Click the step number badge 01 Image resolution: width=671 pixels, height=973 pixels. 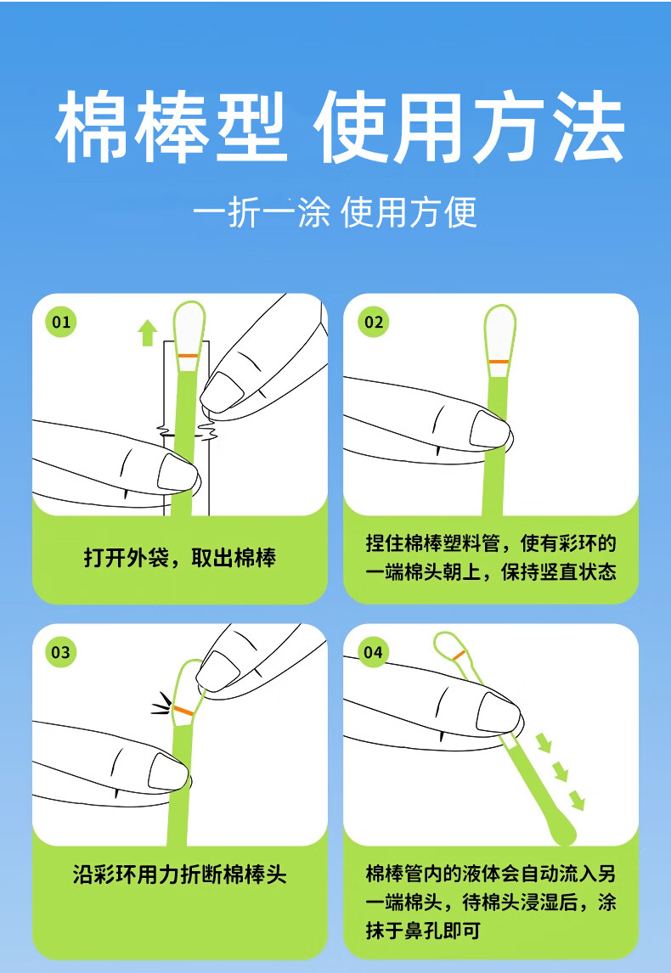(x=61, y=322)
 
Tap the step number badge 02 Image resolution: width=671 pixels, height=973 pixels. (x=374, y=322)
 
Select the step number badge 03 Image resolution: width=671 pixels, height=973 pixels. (x=61, y=652)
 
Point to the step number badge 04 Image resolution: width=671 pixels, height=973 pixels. (x=373, y=652)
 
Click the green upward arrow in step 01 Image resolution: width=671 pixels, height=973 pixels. (x=147, y=333)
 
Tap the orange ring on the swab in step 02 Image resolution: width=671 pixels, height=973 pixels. (x=499, y=361)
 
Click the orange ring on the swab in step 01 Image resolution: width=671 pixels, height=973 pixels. (x=188, y=356)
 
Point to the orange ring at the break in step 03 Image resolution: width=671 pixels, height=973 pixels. (x=183, y=710)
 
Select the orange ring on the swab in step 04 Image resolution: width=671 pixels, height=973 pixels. (x=459, y=654)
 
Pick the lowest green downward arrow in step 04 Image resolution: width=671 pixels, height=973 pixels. (x=578, y=800)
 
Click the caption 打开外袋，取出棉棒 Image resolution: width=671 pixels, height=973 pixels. (x=180, y=558)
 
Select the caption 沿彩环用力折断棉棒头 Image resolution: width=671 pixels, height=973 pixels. (x=180, y=875)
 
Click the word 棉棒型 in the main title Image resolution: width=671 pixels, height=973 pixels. (x=171, y=127)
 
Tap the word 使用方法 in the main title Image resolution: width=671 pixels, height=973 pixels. (x=469, y=127)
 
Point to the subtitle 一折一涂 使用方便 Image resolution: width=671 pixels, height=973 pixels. (x=335, y=212)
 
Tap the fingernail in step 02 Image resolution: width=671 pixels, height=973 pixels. (x=489, y=429)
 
